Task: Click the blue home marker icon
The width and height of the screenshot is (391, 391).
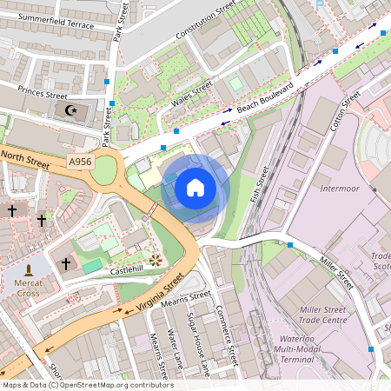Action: pos(195,187)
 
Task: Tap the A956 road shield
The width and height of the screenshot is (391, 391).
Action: pos(79,161)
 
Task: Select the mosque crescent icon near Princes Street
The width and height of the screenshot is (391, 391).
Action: pos(70,110)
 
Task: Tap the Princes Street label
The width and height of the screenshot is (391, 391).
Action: pos(36,94)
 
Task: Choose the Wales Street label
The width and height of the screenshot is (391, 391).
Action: pos(191,96)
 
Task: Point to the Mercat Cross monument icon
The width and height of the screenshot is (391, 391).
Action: pos(30,272)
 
